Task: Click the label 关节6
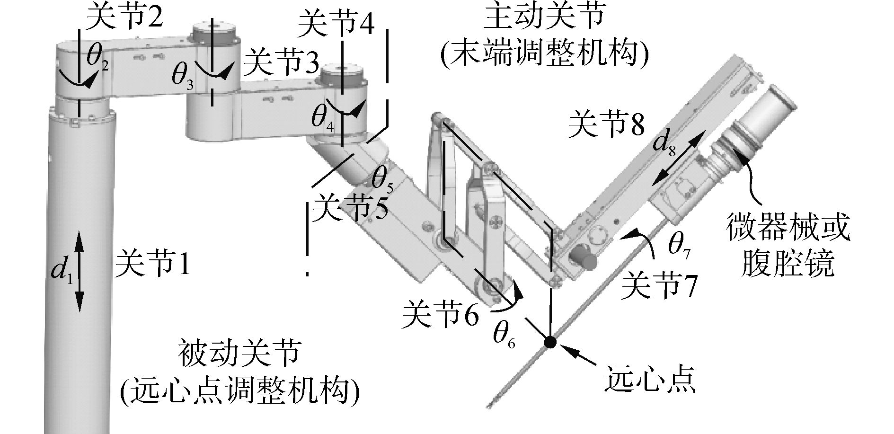(440, 314)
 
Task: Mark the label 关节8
(607, 124)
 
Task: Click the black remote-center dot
(550, 342)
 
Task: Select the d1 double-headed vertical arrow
(79, 271)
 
